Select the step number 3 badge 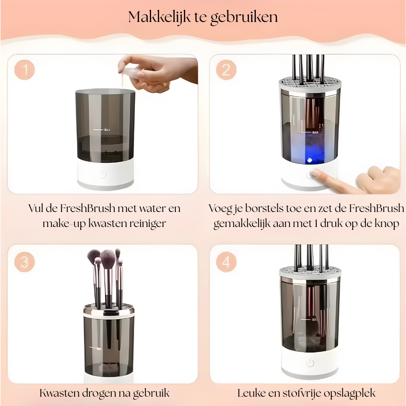point(25,262)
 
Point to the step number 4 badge point(226,262)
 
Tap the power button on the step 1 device point(104,174)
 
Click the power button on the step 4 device point(310,363)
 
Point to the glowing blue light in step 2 point(309,160)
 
